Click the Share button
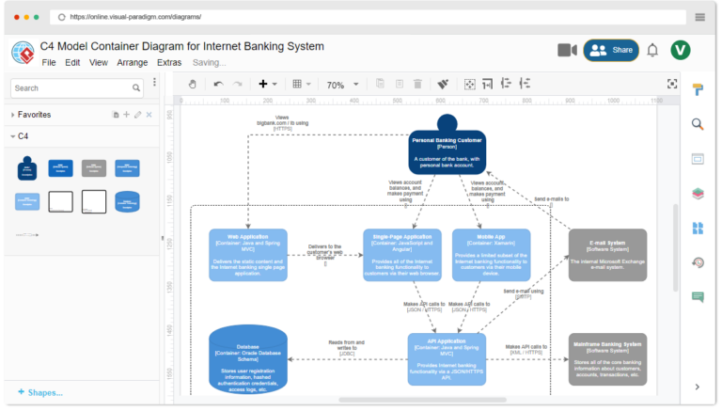[611, 50]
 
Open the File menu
[49, 63]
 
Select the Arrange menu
[132, 63]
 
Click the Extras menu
[169, 63]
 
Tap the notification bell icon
[652, 50]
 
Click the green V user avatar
[681, 50]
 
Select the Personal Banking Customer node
[447, 150]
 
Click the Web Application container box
[248, 254]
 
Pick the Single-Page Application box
[401, 254]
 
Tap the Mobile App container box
[490, 254]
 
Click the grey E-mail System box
[607, 254]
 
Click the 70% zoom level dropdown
[341, 85]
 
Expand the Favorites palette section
[34, 115]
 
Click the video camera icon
[567, 50]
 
